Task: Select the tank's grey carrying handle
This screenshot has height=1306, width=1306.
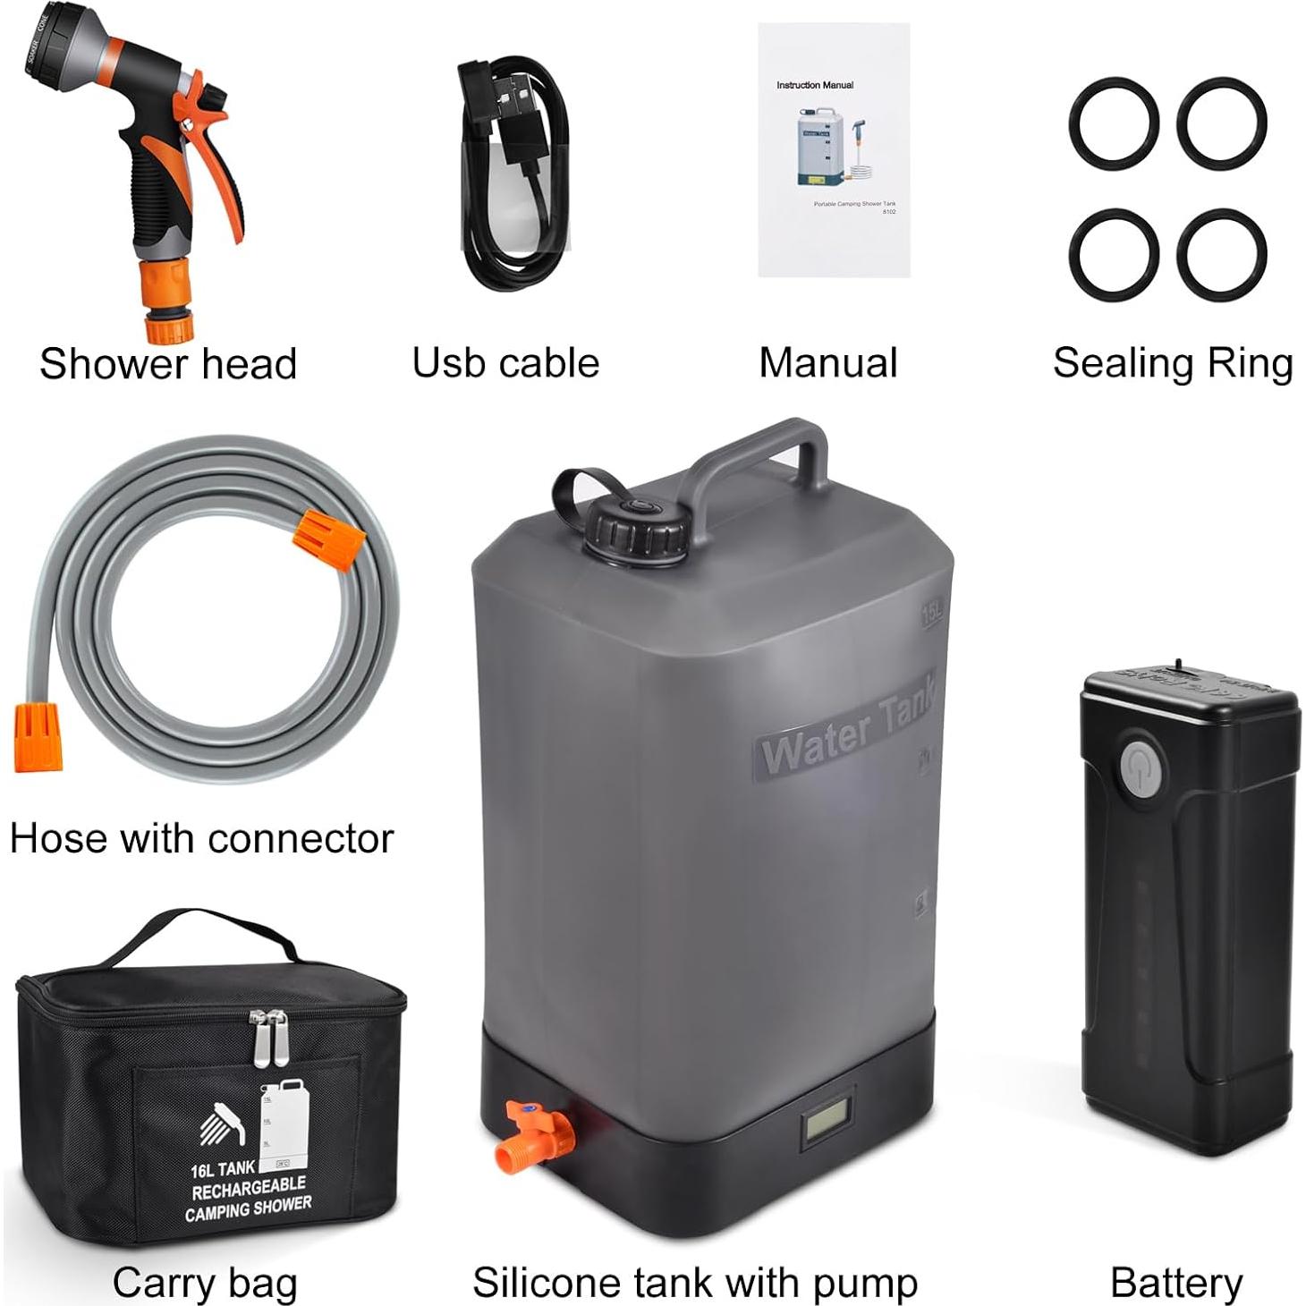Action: [x=760, y=456]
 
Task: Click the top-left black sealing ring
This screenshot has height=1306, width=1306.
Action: [x=1114, y=123]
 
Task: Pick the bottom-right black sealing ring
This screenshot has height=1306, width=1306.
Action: [x=1221, y=254]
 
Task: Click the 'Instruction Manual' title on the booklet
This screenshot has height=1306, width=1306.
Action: [x=814, y=86]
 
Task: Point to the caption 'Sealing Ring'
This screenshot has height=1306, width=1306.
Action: [x=1172, y=364]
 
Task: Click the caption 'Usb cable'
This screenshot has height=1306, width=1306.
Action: [x=505, y=364]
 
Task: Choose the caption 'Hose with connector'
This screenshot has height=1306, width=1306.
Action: [x=201, y=839]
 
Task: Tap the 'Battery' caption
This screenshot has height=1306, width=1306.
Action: [x=1175, y=1283]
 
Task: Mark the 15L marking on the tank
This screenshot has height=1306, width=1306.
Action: [x=931, y=613]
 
